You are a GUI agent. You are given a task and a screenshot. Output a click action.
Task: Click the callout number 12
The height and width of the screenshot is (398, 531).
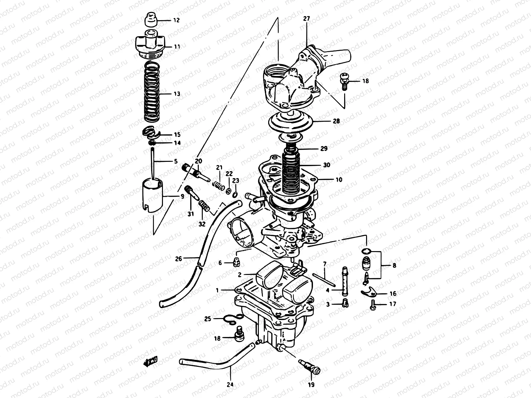tap(176, 20)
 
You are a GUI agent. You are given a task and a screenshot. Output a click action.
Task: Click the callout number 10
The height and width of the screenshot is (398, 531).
tap(339, 180)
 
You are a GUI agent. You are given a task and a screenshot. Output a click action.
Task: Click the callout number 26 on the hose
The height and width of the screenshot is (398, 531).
tap(179, 259)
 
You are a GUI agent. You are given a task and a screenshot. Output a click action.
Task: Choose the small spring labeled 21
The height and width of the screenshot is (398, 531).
tap(218, 184)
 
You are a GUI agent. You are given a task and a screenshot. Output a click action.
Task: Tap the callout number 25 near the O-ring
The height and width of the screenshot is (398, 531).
tap(208, 319)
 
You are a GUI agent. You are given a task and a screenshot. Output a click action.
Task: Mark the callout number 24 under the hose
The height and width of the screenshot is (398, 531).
tap(230, 385)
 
